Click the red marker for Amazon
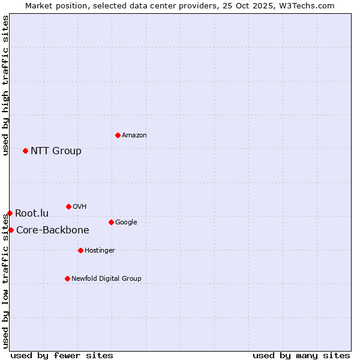click(118, 135)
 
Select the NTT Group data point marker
click(25, 151)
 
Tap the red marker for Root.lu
click(10, 213)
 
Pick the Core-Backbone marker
click(11, 230)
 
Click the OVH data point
click(68, 206)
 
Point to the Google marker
click(111, 222)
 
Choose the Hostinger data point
click(80, 250)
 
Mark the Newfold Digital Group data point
click(67, 278)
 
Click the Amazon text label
click(134, 136)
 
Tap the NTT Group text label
click(56, 151)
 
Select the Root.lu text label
click(32, 213)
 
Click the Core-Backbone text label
click(52, 230)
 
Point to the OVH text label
click(80, 207)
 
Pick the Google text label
click(126, 223)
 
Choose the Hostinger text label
click(100, 251)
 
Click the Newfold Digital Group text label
click(106, 279)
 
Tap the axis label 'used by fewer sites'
click(62, 355)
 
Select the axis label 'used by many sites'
click(301, 355)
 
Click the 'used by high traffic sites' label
click(5, 86)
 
